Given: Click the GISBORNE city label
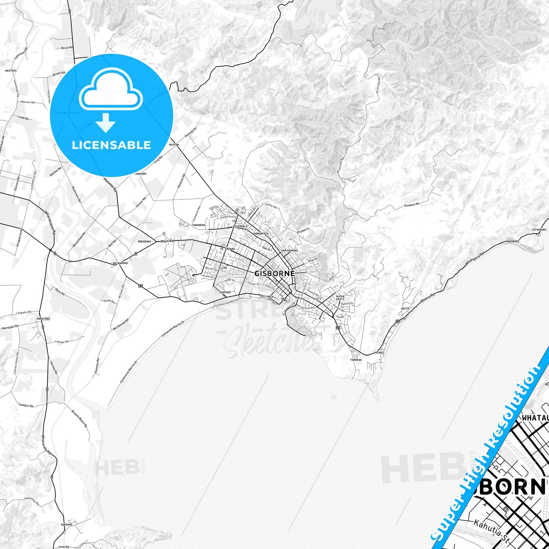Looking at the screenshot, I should pos(274,273).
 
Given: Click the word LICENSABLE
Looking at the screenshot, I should pos(111,145).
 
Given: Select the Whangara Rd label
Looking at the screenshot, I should pos(475,259).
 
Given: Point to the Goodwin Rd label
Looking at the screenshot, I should pos(411,205).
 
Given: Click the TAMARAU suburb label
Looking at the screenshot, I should pos(356,359).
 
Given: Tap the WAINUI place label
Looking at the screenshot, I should pos(378,353).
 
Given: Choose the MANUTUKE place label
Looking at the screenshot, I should pos(43,318).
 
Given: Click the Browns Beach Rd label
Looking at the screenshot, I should pos(79,419).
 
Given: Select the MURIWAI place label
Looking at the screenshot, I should pos(66,525).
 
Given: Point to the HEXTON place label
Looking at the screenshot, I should pos(174,145).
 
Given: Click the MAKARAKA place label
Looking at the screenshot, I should pos(144,241).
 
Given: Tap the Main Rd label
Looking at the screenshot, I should pos(167,241).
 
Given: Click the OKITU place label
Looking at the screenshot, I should pos(405,309).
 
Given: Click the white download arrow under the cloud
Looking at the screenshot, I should pos(106,122).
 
